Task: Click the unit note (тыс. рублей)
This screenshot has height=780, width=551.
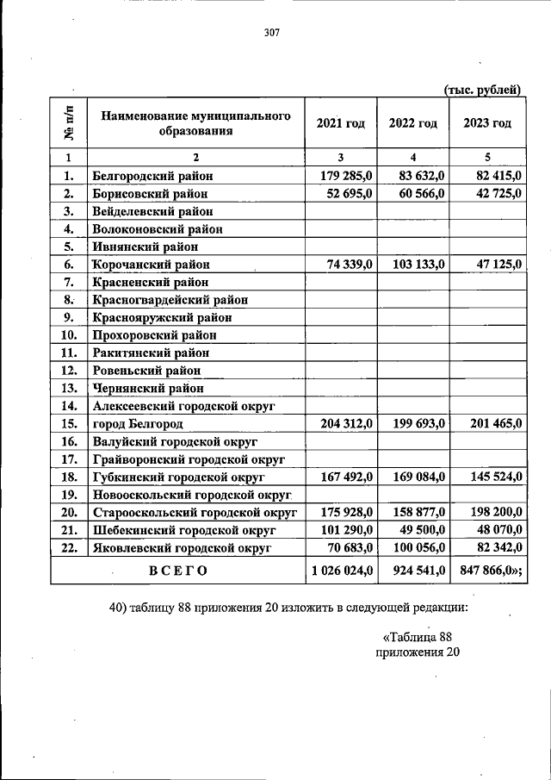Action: [482, 89]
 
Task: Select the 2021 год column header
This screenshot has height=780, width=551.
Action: [340, 123]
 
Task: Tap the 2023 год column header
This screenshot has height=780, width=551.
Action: [486, 123]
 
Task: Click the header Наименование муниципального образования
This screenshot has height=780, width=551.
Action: [195, 123]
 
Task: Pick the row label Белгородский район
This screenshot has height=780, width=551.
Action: [152, 176]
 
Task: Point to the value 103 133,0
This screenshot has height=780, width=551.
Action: [414, 265]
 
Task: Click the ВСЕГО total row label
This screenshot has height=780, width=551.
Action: [177, 570]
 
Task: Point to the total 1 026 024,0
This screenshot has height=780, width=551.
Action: [340, 570]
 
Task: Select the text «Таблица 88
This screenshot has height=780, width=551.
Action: [417, 637]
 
